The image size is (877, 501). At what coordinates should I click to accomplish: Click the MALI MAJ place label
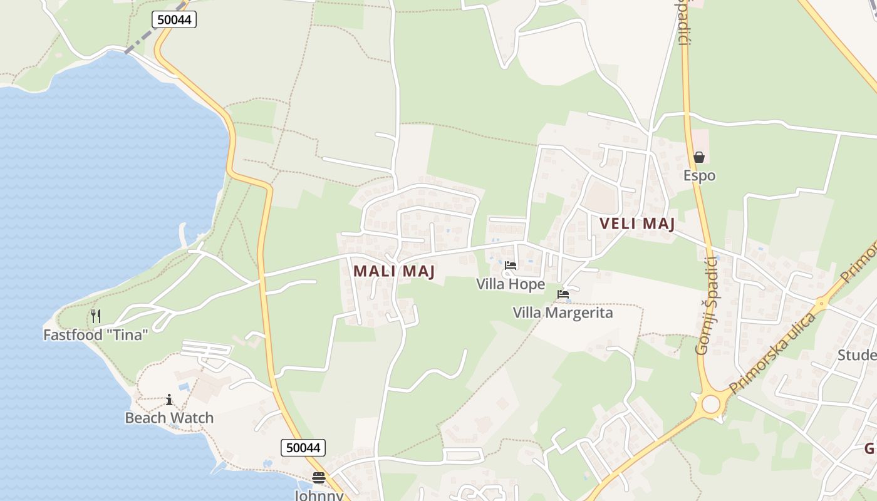pos(394,271)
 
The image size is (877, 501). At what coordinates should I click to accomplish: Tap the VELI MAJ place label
pos(636,224)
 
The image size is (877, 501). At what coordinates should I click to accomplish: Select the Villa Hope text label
pos(511,284)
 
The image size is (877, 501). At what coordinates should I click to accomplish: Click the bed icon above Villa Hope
pos(511,266)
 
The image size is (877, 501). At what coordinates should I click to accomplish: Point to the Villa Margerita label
pos(563,312)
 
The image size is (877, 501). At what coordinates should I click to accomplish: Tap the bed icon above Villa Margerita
pos(563,294)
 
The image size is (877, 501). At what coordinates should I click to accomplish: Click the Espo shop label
pos(699,176)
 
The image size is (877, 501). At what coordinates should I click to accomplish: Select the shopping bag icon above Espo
pos(699,157)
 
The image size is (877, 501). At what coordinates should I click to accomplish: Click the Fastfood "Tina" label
pos(95,335)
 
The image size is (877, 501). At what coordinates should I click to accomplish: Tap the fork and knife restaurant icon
pos(96,316)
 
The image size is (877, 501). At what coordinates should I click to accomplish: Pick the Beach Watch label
pos(169,418)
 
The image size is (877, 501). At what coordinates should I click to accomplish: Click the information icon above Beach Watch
pos(169,400)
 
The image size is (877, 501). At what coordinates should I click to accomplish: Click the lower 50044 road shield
pos(303,447)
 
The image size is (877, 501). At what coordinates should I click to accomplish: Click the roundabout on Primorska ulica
pos(710,404)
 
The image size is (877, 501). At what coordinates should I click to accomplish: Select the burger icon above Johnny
pos(319,478)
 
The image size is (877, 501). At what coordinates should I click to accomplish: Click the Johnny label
pos(319,495)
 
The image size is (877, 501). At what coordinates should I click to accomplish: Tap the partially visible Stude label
pos(857,356)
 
